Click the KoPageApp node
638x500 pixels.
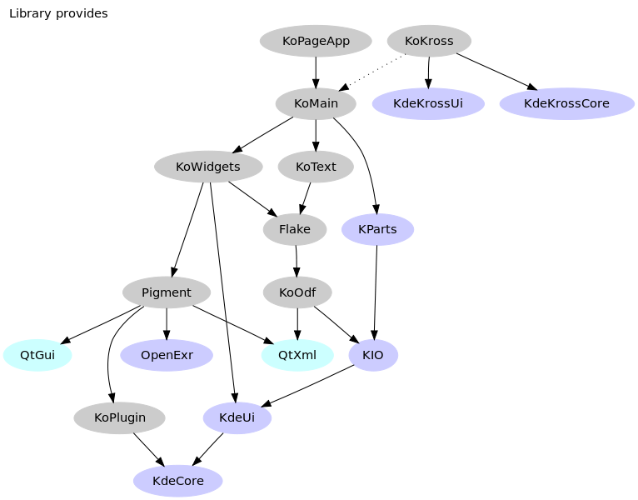[x=316, y=41]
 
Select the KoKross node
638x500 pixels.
[x=429, y=41]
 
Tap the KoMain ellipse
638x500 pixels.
[x=316, y=104]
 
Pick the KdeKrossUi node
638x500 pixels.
[x=428, y=104]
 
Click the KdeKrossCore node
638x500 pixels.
[x=566, y=104]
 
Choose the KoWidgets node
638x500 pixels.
[x=208, y=167]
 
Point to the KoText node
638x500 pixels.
[x=316, y=167]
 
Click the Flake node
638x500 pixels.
[x=295, y=229]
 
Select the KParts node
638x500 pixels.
[x=377, y=229]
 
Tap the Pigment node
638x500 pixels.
[x=167, y=292]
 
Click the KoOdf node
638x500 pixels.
[x=297, y=292]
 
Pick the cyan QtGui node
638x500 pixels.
[x=37, y=355]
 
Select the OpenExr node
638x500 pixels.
[x=167, y=355]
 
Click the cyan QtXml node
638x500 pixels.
[x=297, y=355]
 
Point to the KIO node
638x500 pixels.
[x=373, y=355]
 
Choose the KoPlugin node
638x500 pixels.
[x=119, y=417]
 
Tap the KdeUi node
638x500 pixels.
[x=237, y=417]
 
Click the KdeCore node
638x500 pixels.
[x=178, y=481]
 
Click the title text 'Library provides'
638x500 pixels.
[x=58, y=13]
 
